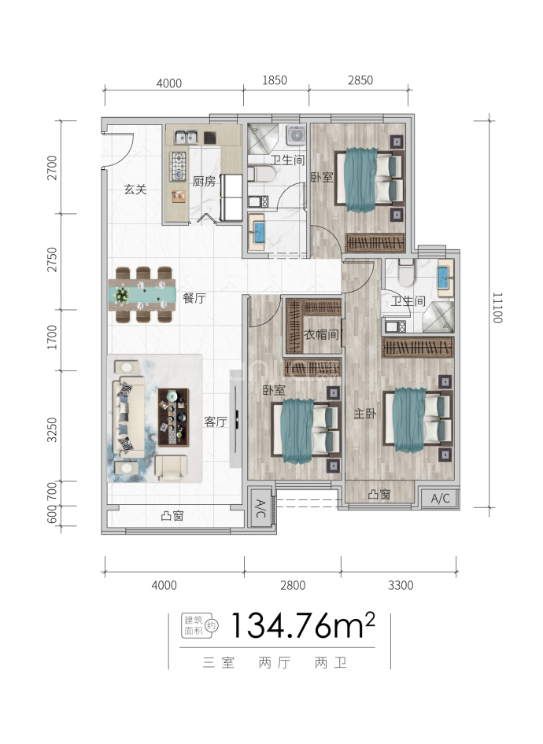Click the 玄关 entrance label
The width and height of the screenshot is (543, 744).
[x=135, y=190]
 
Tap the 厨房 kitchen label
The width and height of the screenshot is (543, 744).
[x=204, y=181]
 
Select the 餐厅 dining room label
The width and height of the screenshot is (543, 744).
[x=194, y=298]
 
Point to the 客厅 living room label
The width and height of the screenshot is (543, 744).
[x=216, y=421]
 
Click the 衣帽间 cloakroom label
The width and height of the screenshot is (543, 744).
[x=321, y=334]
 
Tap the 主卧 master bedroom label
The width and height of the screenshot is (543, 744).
[x=365, y=413]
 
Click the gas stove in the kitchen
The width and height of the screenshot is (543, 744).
[x=179, y=166]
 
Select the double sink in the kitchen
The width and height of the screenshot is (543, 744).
[x=186, y=137]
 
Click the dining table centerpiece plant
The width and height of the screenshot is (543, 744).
[x=122, y=294]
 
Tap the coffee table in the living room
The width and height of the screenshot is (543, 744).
[x=173, y=417]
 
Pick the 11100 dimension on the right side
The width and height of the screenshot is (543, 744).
[x=497, y=308]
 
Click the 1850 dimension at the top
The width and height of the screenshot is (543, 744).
[x=275, y=80]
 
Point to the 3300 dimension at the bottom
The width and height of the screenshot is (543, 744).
[x=401, y=585]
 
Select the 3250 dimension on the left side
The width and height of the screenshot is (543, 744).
[x=52, y=430]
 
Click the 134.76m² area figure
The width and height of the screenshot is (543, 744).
[x=303, y=626]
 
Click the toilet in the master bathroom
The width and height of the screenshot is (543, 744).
[x=406, y=274]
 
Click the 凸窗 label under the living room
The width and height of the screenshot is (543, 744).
[x=172, y=515]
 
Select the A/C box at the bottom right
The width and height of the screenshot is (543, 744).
[x=441, y=499]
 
